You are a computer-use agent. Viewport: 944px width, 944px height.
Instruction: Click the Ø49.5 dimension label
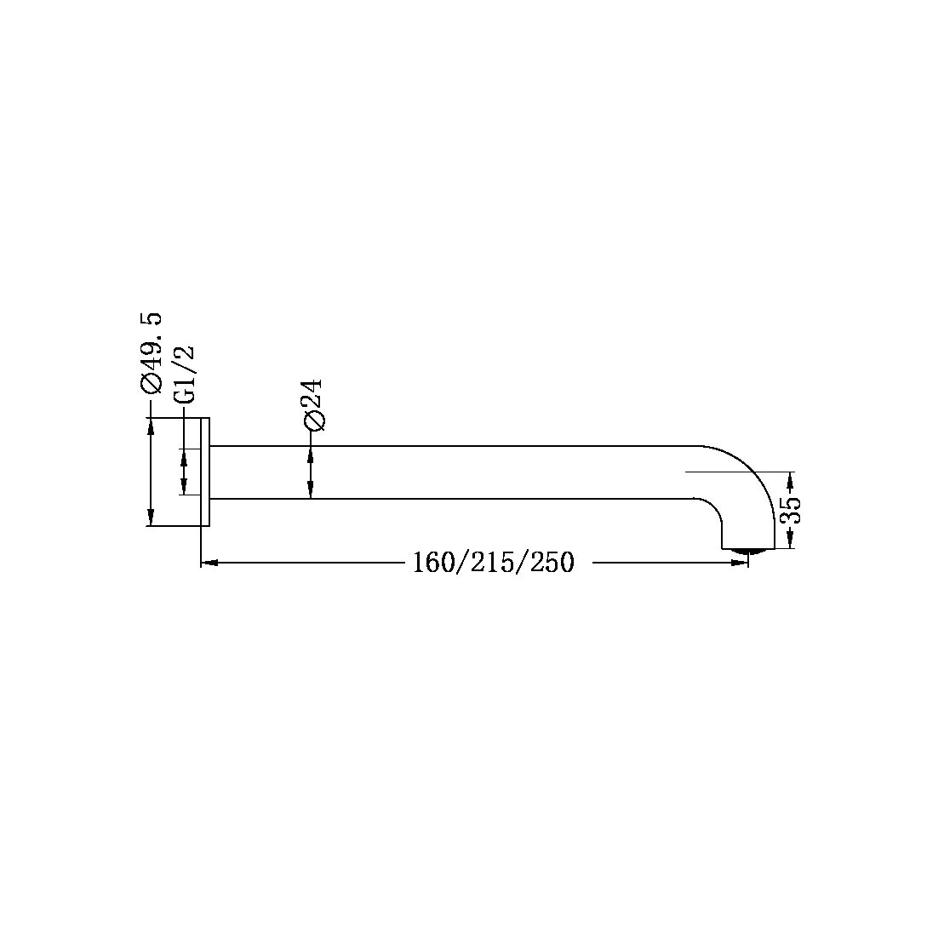coord(151,353)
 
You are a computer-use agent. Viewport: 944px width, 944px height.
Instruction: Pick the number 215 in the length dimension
coord(495,563)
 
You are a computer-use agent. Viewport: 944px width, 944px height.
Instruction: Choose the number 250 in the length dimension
coord(551,563)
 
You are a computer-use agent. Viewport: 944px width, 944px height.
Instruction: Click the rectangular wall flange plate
coord(204,472)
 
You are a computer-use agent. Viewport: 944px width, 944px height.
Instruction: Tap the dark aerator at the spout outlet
coord(748,553)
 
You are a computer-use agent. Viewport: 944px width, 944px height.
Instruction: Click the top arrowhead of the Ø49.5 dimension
coord(151,426)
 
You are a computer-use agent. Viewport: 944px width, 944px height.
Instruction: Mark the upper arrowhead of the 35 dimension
coord(792,478)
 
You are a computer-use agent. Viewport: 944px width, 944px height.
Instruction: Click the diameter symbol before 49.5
coord(151,385)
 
